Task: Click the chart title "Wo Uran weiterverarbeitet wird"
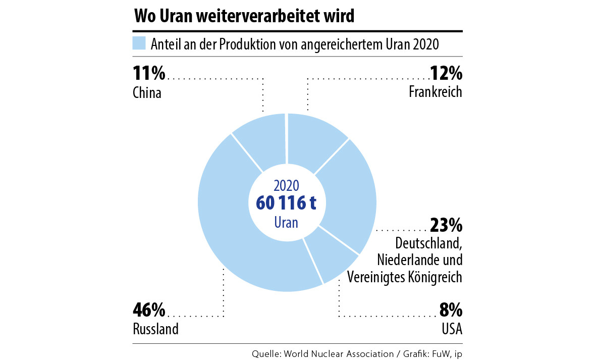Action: pyautogui.click(x=244, y=16)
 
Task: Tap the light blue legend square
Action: pyautogui.click(x=139, y=43)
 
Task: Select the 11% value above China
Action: pyautogui.click(x=149, y=74)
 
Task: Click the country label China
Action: pyautogui.click(x=147, y=93)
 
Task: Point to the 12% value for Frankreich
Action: pyautogui.click(x=446, y=74)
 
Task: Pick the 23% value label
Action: pyautogui.click(x=446, y=224)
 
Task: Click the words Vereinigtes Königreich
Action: pyautogui.click(x=405, y=277)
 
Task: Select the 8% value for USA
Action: pyautogui.click(x=451, y=309)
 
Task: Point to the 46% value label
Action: pyautogui.click(x=149, y=309)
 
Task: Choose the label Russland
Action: pyautogui.click(x=155, y=329)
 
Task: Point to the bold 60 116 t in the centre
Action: pyautogui.click(x=286, y=203)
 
